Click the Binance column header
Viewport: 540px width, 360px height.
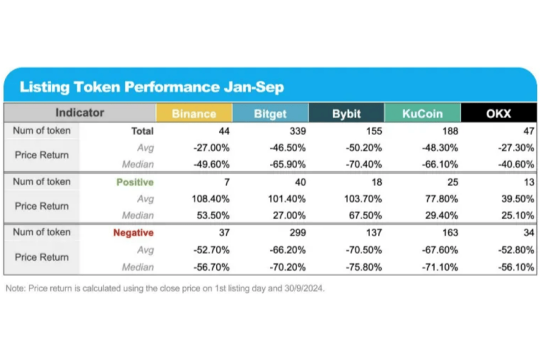[x=193, y=114]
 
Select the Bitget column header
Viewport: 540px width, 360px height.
[x=270, y=114]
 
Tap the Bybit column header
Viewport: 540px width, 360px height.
[x=346, y=114]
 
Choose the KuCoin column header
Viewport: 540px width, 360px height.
[x=422, y=114]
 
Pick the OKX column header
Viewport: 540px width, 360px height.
[x=499, y=114]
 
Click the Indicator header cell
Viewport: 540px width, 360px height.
[x=80, y=113]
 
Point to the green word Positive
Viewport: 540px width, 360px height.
[x=134, y=182]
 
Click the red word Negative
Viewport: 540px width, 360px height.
[x=133, y=232]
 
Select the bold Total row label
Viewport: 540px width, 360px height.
[x=141, y=131]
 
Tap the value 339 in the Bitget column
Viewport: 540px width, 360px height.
[x=296, y=131]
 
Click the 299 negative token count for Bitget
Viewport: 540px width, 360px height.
[x=296, y=232]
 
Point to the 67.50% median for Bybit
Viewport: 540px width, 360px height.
[x=365, y=215]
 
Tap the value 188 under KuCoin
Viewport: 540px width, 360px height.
[x=449, y=131]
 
